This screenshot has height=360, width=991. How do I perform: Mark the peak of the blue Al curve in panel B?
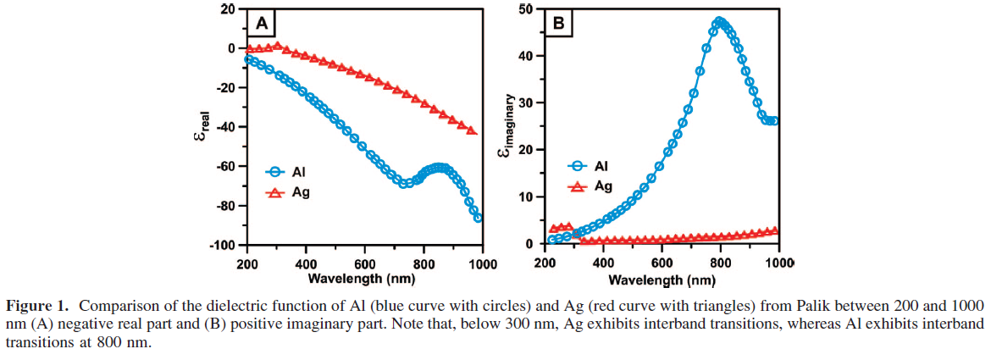[x=720, y=22]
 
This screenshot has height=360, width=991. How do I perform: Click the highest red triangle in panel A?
[x=277, y=46]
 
